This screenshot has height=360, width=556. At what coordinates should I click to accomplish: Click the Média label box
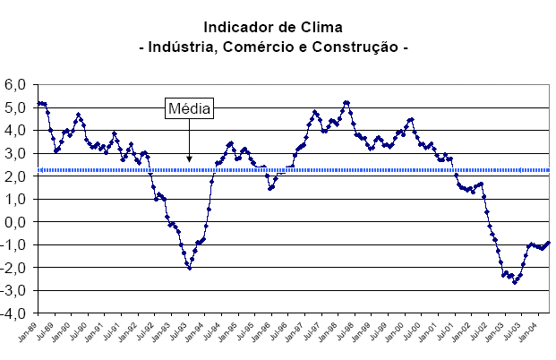190,109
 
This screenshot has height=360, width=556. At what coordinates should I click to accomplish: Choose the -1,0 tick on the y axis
16,245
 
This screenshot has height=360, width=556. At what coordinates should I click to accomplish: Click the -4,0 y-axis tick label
16,314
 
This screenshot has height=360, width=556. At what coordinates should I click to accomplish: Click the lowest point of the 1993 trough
190,268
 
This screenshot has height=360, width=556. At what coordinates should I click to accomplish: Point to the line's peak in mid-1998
346,102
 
